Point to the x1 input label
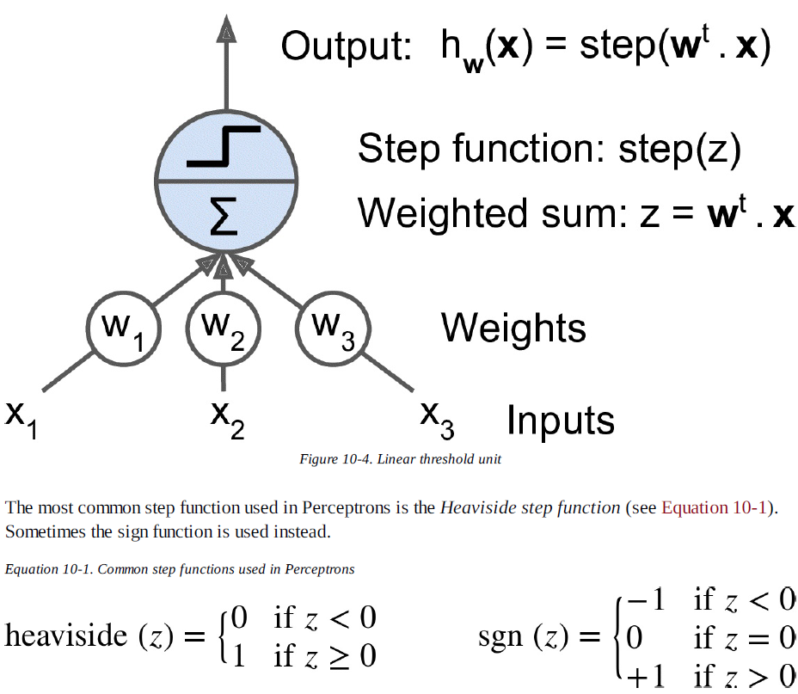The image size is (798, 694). click(21, 418)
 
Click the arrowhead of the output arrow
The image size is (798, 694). click(225, 28)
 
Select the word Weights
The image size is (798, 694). click(513, 328)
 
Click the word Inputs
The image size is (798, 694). click(561, 421)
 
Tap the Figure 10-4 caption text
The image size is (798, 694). click(400, 459)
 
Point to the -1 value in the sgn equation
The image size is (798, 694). click(646, 600)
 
